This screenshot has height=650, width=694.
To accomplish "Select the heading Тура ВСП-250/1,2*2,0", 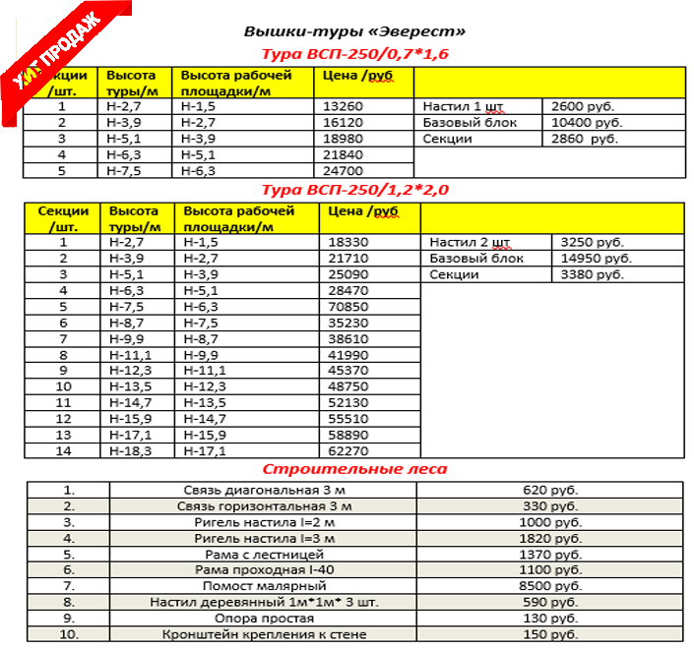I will [355, 189].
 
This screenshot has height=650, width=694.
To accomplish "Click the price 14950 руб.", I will [592, 259].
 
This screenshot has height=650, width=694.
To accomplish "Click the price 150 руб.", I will [548, 634].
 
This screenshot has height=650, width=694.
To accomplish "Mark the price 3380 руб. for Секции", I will [592, 274].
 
